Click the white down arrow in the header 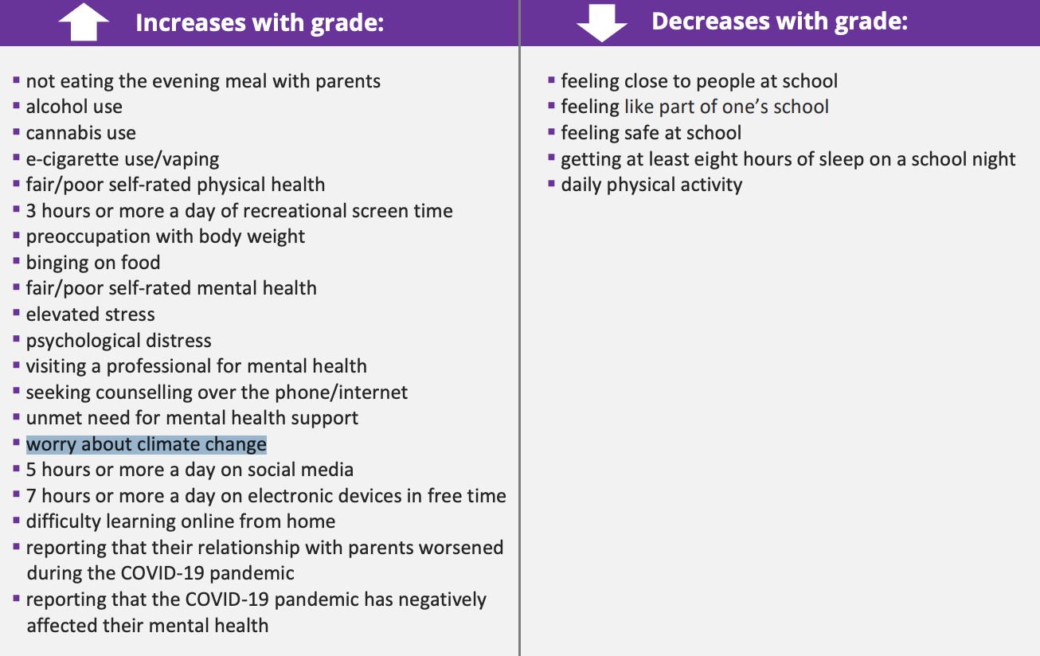(602, 23)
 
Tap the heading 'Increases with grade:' (260, 23)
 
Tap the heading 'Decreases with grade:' (780, 21)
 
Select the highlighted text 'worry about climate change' (147, 444)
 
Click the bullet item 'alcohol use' (74, 107)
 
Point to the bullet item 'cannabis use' (80, 133)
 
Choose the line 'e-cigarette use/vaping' (123, 159)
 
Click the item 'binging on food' (93, 263)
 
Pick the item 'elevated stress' (91, 314)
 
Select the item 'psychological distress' (119, 341)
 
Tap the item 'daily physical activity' (651, 185)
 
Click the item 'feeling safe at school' (651, 133)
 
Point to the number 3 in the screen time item (31, 211)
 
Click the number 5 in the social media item (31, 470)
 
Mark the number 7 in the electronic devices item (31, 496)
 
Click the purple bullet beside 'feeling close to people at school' (551, 80)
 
